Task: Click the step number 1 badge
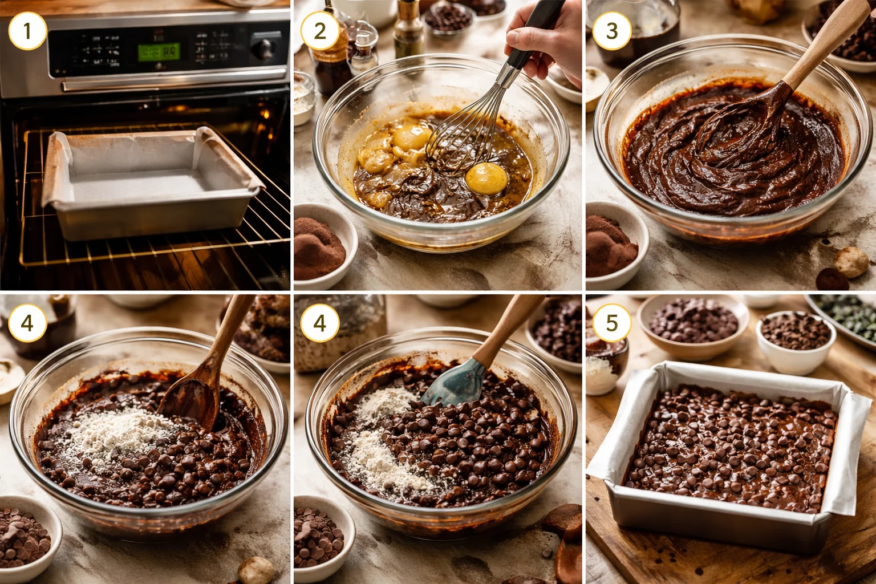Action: tap(27, 31)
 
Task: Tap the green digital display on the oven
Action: tap(159, 52)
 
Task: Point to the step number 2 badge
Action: tap(319, 31)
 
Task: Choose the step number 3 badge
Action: tap(611, 31)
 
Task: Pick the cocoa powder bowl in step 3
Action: tap(613, 245)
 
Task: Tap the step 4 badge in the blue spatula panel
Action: tap(319, 323)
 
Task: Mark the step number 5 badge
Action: tap(611, 323)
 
